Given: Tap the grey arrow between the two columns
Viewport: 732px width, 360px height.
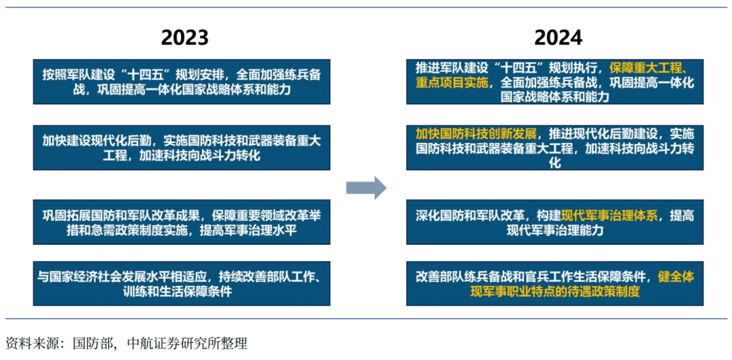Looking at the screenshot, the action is coord(366,188).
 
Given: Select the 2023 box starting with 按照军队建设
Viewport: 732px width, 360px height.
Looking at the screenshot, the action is coord(182,81).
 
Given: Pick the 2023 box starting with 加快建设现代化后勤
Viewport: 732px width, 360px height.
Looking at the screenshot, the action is coord(182,147).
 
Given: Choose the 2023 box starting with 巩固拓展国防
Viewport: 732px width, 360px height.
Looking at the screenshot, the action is coord(182,222).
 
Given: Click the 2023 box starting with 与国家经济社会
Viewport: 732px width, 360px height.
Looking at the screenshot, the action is coord(182,283).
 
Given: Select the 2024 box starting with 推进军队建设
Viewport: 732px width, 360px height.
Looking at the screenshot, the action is coord(554,81).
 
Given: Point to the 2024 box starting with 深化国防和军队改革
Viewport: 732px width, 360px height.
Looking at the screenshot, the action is coord(554,222).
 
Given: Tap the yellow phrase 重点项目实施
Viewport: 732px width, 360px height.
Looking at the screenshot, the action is coord(451,82).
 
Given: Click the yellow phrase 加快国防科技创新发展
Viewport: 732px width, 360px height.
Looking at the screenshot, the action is coord(476,133).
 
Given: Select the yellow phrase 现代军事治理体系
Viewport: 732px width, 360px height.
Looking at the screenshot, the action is coord(610,215).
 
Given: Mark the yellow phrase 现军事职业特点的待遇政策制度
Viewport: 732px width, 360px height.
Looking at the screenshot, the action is coord(554,292).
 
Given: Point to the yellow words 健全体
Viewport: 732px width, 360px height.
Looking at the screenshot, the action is coord(676,277).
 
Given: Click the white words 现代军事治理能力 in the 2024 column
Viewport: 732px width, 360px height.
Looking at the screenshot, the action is coord(554,231).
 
